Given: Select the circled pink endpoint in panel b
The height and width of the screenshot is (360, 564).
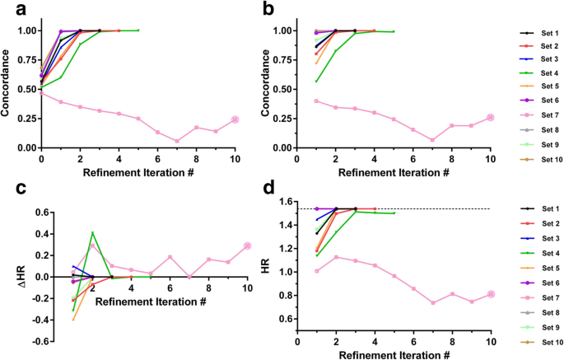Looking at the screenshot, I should (490, 117).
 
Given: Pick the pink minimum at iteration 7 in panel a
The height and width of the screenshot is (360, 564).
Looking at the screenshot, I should (177, 141).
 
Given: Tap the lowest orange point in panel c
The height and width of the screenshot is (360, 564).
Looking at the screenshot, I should (73, 319).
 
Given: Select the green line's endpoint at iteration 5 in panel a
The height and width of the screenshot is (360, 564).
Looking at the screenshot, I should (138, 30).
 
